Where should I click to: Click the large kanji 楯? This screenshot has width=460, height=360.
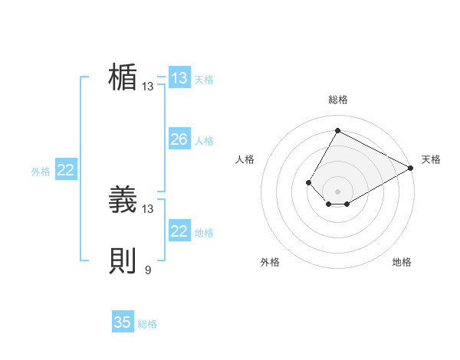click(x=123, y=78)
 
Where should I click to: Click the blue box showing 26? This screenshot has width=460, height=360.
click(x=179, y=139)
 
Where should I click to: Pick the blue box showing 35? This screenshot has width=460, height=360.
click(x=123, y=322)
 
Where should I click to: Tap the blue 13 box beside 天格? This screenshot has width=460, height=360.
click(x=179, y=78)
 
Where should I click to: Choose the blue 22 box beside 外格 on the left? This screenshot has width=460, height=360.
click(x=66, y=170)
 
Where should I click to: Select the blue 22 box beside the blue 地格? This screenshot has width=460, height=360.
click(x=179, y=231)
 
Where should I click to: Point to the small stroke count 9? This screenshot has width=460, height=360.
click(x=148, y=270)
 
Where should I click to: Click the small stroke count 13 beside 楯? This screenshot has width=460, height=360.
click(x=148, y=87)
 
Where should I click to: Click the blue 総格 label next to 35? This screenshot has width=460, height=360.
click(x=147, y=324)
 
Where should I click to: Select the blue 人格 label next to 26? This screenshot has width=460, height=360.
click(x=204, y=141)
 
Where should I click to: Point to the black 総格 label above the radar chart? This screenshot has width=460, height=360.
click(x=337, y=100)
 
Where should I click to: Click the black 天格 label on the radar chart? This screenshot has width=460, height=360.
click(x=431, y=159)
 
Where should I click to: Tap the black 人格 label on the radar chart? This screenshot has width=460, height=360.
click(x=245, y=159)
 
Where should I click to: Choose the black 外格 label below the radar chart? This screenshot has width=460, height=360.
click(x=270, y=262)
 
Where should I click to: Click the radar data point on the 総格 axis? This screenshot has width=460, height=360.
click(x=337, y=130)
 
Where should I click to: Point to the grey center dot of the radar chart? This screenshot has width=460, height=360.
click(x=337, y=191)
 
